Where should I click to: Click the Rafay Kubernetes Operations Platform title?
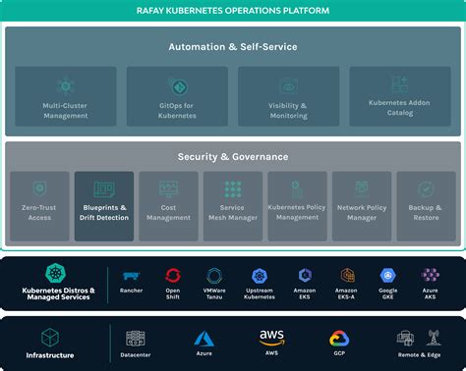pyautogui.click(x=233, y=11)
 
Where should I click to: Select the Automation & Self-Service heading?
pyautogui.click(x=233, y=46)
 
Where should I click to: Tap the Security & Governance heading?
pyautogui.click(x=233, y=157)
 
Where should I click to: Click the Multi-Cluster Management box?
pyautogui.click(x=66, y=96)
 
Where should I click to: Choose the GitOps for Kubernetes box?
pyautogui.click(x=176, y=96)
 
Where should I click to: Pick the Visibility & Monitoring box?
pyautogui.click(x=288, y=96)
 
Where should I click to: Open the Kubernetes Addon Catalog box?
pyautogui.click(x=399, y=96)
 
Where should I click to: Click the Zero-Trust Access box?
pyautogui.click(x=40, y=206)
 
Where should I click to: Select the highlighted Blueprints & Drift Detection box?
pyautogui.click(x=104, y=206)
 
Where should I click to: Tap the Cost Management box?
pyautogui.click(x=168, y=206)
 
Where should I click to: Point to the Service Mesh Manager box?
pyautogui.click(x=233, y=206)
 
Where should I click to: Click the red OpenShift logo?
pyautogui.click(x=174, y=276)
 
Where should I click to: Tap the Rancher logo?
pyautogui.click(x=131, y=276)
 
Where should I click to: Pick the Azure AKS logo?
pyautogui.click(x=431, y=276)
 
